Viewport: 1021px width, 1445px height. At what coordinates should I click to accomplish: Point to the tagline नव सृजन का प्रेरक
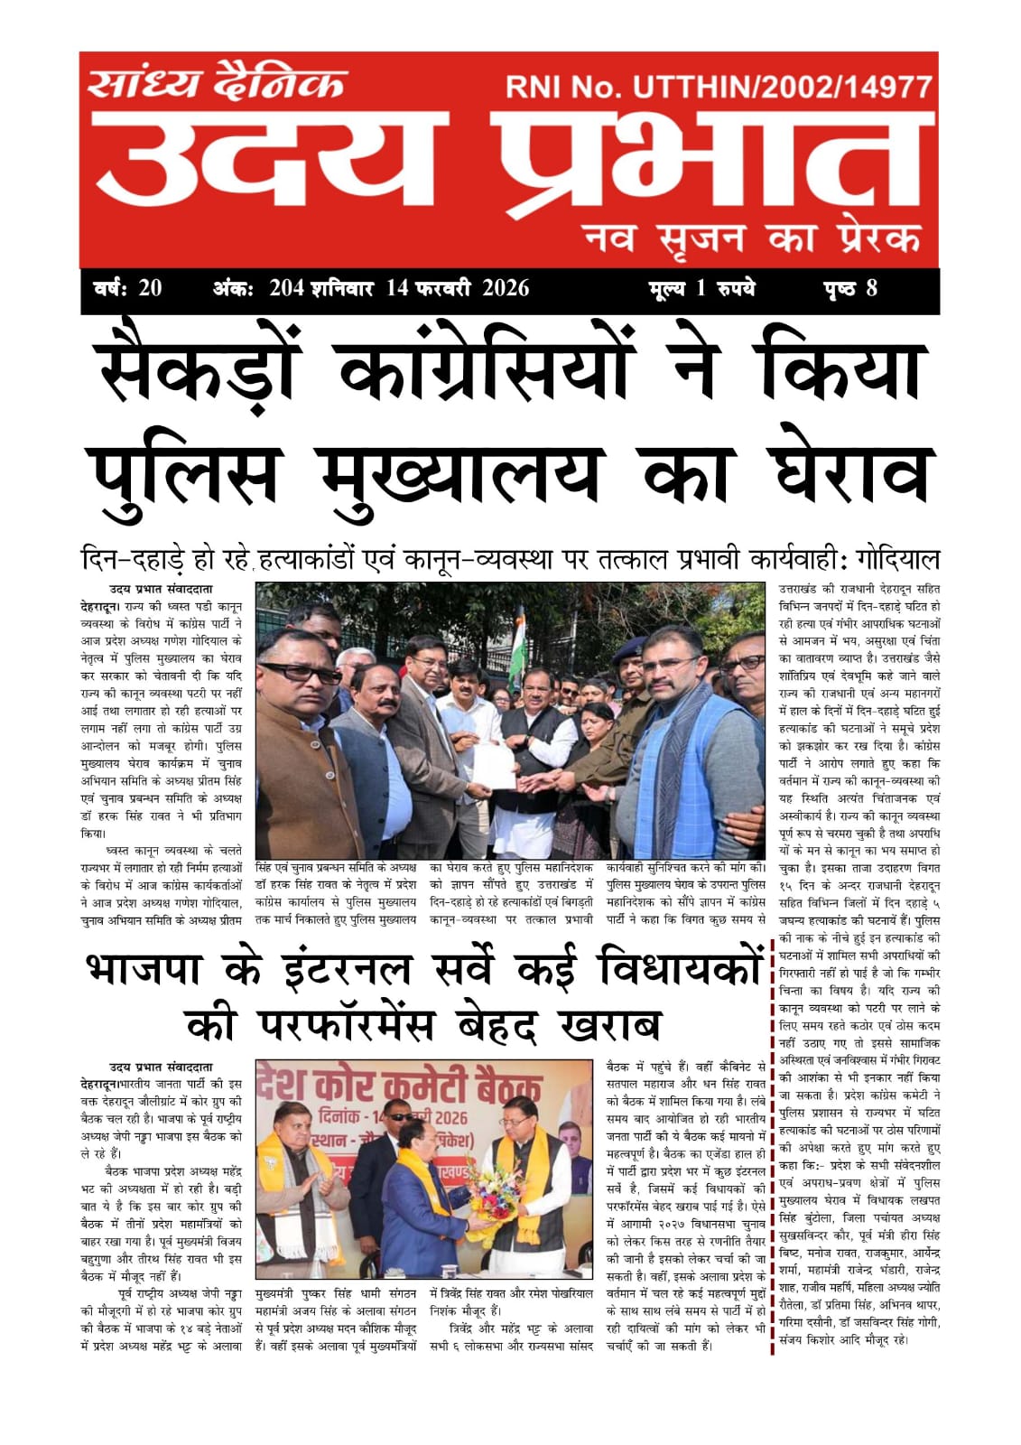pyautogui.click(x=753, y=238)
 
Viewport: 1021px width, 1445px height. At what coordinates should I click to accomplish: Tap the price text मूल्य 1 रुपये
pyautogui.click(x=701, y=289)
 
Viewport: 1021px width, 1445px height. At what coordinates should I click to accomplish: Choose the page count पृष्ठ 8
pyautogui.click(x=849, y=289)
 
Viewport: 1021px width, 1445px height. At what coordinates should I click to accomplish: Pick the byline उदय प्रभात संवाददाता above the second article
pyautogui.click(x=161, y=1067)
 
